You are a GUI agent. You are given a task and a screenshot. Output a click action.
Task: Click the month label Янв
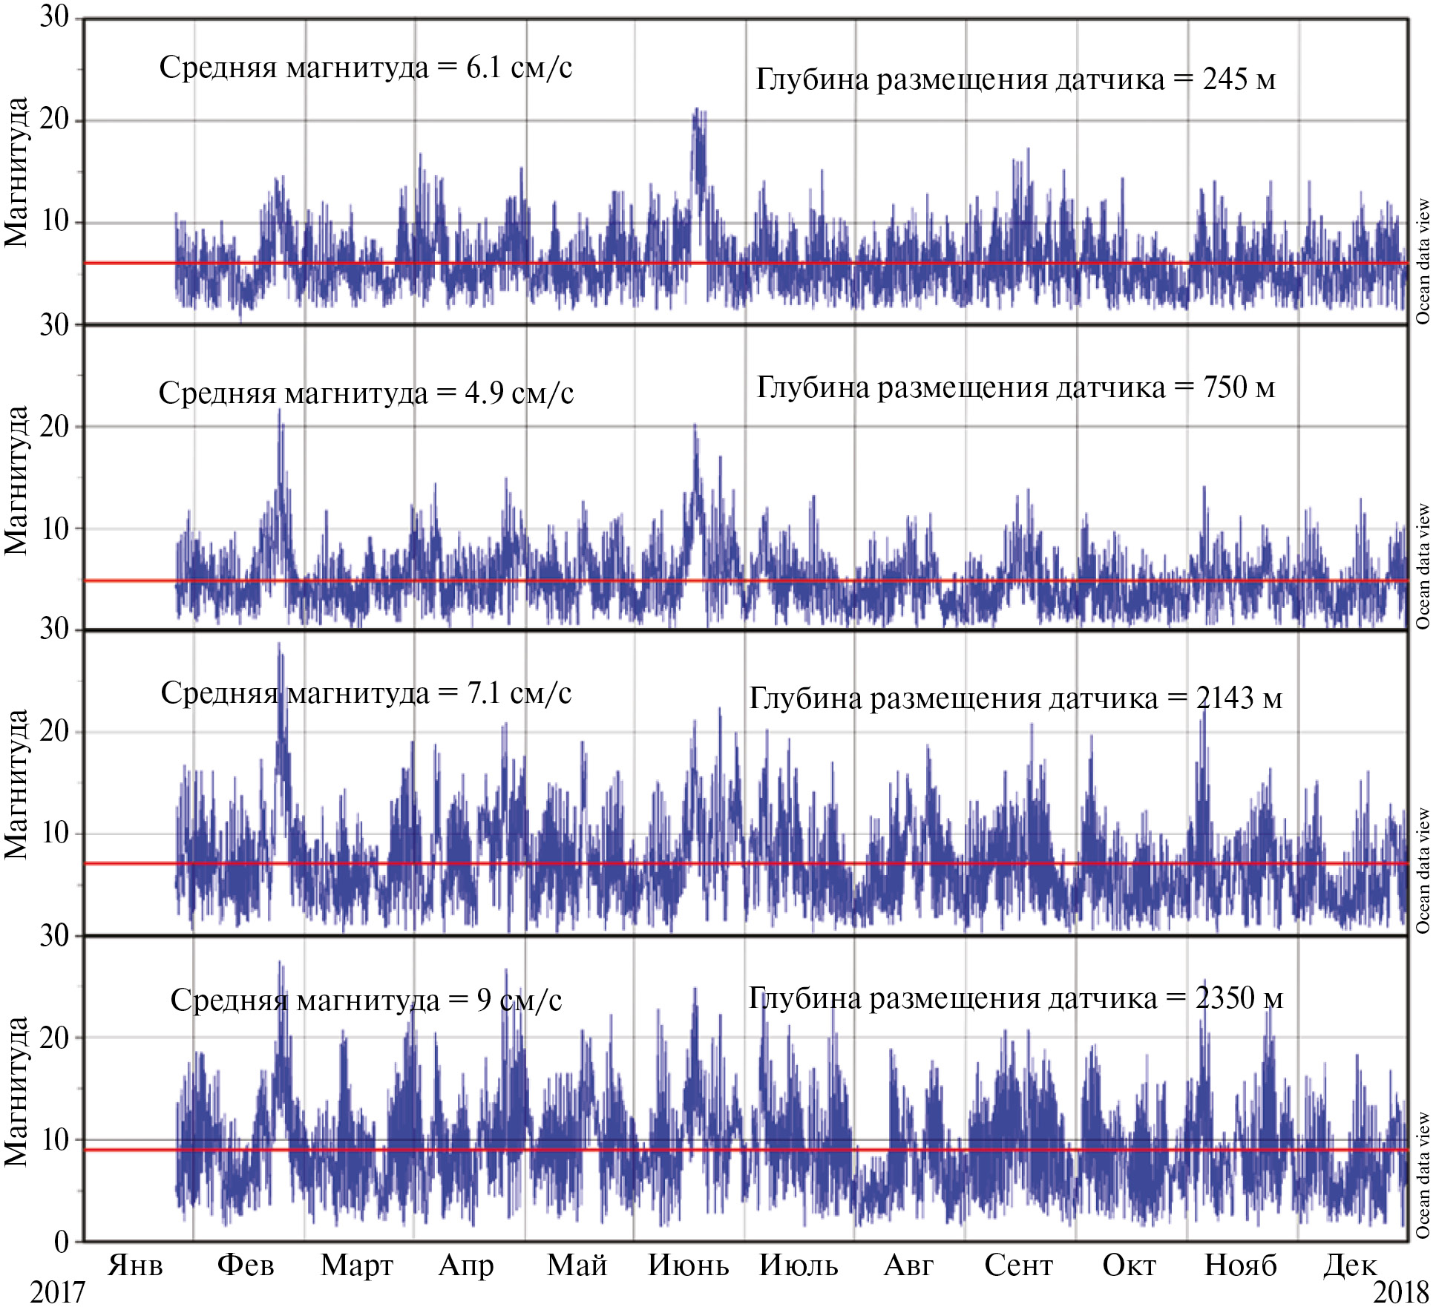(x=135, y=1264)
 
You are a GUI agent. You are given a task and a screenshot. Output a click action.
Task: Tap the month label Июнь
(x=688, y=1264)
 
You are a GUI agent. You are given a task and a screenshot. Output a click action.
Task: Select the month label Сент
(x=1018, y=1264)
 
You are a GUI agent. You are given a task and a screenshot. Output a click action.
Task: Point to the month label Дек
(x=1349, y=1264)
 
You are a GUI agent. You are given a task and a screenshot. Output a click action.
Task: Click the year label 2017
(x=57, y=1292)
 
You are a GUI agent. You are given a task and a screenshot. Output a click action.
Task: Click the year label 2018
(x=1400, y=1292)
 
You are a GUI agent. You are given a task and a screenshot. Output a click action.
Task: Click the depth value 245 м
(x=1239, y=79)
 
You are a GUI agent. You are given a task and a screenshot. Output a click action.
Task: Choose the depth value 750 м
(x=1239, y=387)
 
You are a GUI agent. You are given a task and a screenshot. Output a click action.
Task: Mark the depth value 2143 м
(x=1239, y=698)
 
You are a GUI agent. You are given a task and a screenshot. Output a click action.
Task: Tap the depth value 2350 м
(x=1239, y=998)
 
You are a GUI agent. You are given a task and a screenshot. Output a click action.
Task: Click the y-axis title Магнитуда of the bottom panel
(x=16, y=1091)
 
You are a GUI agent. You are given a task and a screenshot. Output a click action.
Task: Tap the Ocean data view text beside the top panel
(x=1423, y=261)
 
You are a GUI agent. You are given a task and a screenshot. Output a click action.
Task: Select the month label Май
(x=577, y=1264)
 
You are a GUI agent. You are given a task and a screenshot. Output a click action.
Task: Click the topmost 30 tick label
(x=54, y=16)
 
